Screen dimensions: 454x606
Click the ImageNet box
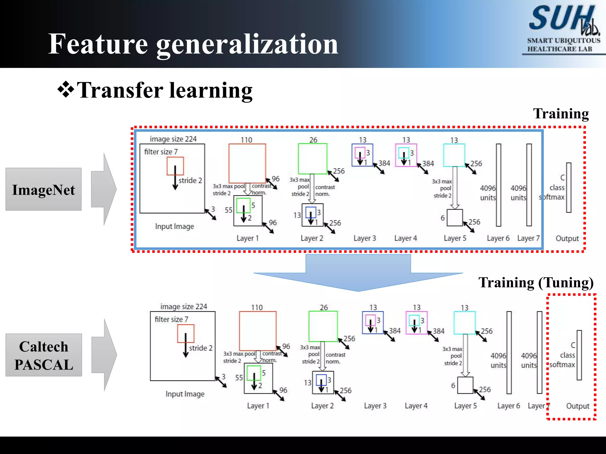[43, 189]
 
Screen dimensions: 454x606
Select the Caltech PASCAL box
[43, 355]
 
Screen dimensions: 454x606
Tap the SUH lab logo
[563, 28]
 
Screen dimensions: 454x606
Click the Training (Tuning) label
[536, 283]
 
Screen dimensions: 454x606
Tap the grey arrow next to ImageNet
[104, 189]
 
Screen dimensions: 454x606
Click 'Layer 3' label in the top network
[365, 238]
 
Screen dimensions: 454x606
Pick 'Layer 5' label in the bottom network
[465, 406]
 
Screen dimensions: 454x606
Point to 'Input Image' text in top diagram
[175, 226]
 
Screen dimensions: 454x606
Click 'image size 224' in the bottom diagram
[183, 307]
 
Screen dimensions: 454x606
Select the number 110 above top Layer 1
[246, 140]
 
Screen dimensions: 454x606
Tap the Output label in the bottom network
[578, 406]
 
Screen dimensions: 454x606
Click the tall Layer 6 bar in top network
[499, 185]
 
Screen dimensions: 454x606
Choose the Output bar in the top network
[569, 187]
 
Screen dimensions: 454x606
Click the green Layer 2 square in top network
[313, 159]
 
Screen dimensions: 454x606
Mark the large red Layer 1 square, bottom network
[258, 331]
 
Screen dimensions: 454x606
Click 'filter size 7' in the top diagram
[161, 152]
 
